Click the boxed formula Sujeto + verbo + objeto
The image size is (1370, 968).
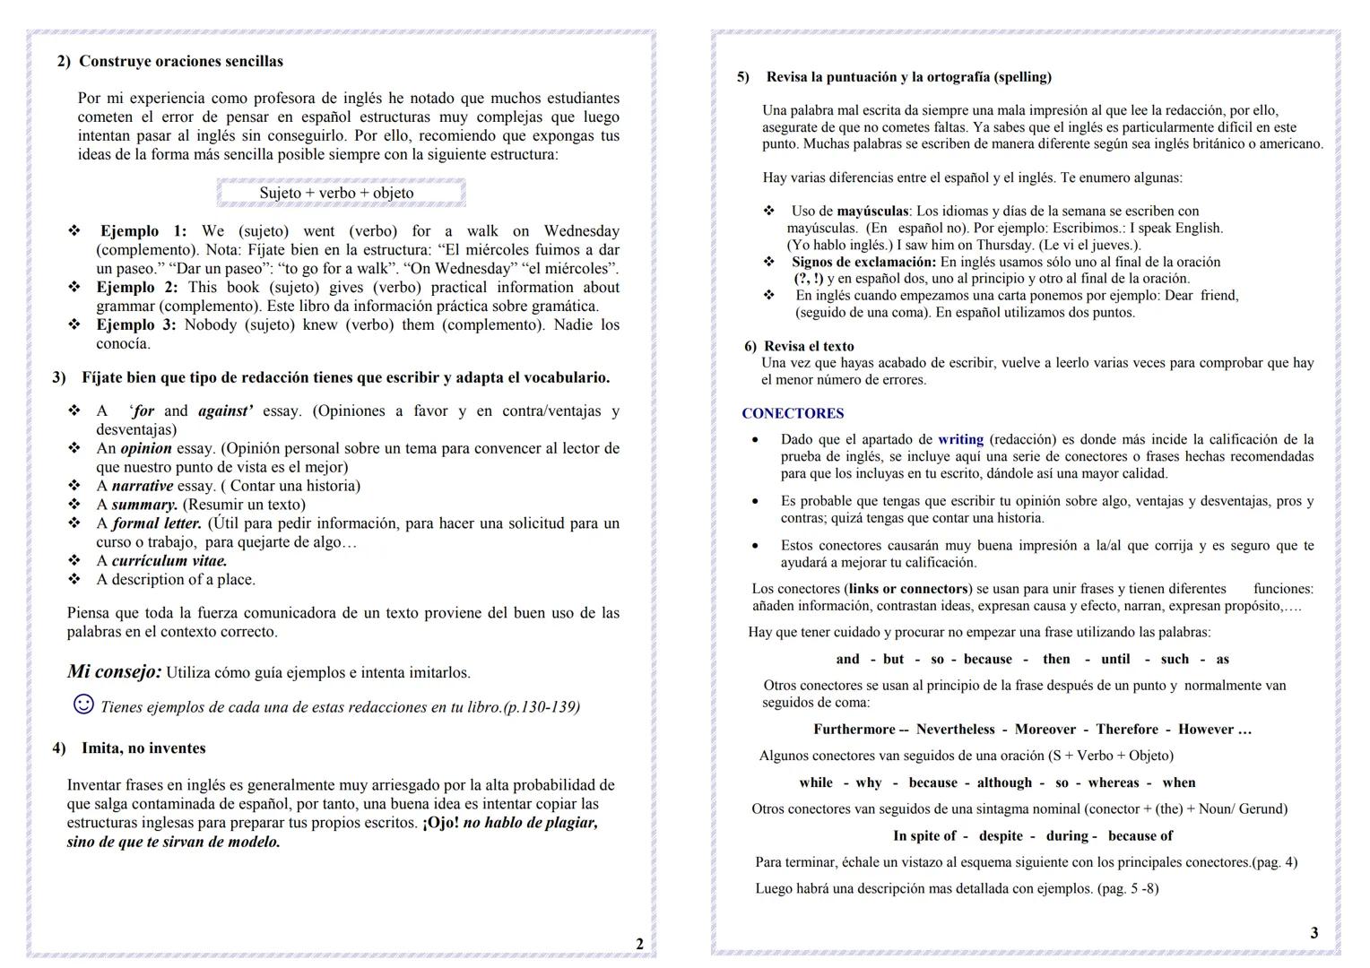[337, 193]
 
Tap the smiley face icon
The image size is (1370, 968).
[82, 704]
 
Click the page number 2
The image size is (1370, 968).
[639, 944]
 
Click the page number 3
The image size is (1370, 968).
[1314, 933]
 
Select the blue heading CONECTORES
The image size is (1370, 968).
[793, 413]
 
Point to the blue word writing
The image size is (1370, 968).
[960, 439]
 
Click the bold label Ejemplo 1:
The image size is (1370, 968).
[143, 230]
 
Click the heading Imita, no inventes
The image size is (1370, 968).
[143, 748]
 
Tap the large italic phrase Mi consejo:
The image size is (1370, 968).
[114, 671]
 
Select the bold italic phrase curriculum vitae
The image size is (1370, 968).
[169, 561]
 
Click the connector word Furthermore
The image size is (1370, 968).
[854, 730]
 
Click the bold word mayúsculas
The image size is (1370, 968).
[871, 212]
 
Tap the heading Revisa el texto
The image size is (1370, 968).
[809, 346]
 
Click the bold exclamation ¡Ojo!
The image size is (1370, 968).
[440, 823]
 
